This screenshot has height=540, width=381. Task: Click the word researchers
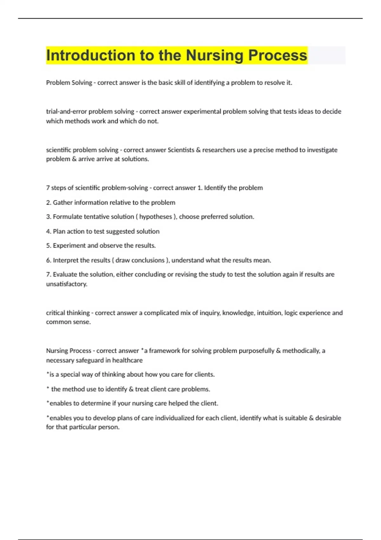pos(217,150)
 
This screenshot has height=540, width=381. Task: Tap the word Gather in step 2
pos(63,203)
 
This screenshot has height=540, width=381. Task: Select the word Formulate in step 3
pos(67,217)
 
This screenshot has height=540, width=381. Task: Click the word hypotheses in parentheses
pos(156,217)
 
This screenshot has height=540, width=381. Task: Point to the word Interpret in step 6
pos(65,260)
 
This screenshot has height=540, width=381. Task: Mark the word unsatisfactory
pos(66,284)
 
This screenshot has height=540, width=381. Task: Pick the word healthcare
pos(127,360)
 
